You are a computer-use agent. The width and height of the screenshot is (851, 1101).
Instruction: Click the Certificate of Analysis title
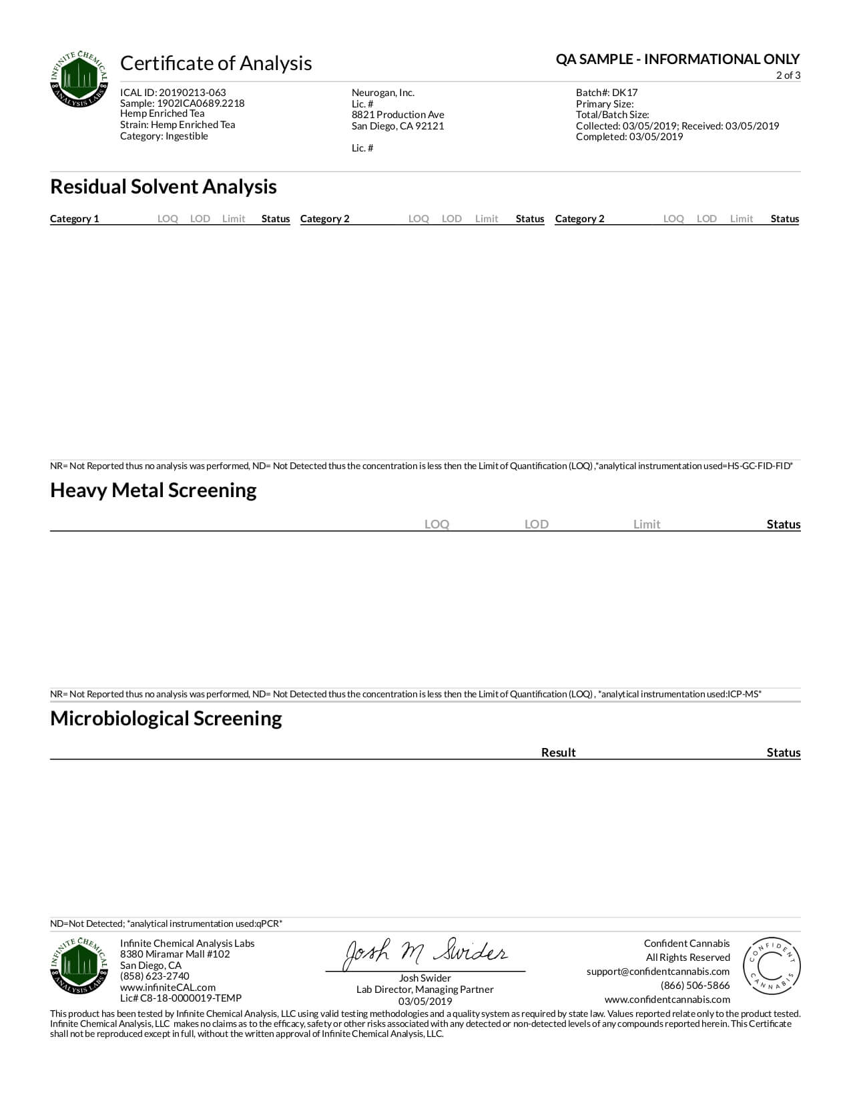pos(216,63)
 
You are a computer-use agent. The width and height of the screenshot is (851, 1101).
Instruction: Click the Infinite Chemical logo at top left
pos(79,79)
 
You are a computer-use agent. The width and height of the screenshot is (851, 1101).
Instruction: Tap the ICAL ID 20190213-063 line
pos(173,93)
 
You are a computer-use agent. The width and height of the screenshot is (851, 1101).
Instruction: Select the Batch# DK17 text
pos(607,93)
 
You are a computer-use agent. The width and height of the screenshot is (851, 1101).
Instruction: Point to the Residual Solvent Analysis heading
pos(164,187)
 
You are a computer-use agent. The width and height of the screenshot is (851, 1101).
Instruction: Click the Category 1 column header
pos(74,219)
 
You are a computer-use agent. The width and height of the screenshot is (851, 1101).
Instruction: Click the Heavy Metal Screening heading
pos(154,490)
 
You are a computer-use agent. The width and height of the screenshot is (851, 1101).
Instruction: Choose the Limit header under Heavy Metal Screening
pos(646,524)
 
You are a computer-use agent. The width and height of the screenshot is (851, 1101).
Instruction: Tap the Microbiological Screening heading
pos(166,719)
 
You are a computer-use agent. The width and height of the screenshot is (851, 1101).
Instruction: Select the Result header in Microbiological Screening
pos(558,753)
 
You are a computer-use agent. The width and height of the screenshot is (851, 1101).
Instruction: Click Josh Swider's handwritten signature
pos(425,954)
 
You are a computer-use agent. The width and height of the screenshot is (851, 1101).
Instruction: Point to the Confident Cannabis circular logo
pos(772,966)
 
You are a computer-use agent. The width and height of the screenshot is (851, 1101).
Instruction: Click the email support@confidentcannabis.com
pos(657,972)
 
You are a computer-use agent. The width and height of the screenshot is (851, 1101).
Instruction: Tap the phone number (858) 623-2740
pos(154,976)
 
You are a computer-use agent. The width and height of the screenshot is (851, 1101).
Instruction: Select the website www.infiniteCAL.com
pos(168,988)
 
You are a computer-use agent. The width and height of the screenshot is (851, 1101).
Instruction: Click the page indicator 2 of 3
pos(788,75)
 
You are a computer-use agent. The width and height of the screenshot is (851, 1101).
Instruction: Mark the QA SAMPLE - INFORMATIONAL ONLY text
pos(677,59)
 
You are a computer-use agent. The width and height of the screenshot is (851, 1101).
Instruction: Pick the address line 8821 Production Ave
pos(398,115)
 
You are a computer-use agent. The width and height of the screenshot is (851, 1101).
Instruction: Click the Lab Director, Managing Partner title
pos(424,990)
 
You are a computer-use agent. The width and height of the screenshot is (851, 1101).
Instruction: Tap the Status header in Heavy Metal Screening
pos(783,524)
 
